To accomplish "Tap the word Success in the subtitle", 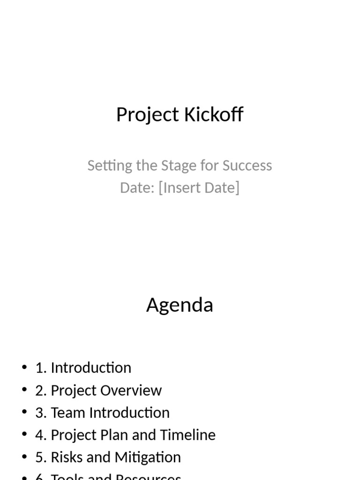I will point(247,165).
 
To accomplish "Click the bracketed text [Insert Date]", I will point(199,187).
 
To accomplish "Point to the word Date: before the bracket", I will point(137,187).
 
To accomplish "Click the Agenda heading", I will point(180,305).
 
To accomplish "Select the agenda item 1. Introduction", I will point(83,367).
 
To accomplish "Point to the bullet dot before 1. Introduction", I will point(24,367).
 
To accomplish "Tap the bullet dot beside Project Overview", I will point(24,390).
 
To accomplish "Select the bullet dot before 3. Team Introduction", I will point(24,412).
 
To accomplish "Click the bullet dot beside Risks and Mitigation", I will point(24,457).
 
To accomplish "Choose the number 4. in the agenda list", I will point(41,435).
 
